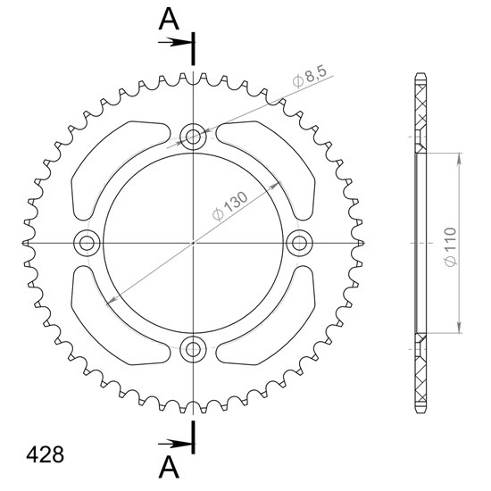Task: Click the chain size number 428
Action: [46, 454]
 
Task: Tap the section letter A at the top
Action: [169, 19]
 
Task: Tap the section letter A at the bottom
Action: [169, 467]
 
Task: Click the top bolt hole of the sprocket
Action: [193, 137]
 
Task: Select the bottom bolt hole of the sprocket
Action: [193, 349]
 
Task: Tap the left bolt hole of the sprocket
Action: [87, 243]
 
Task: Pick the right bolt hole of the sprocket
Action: [300, 243]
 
